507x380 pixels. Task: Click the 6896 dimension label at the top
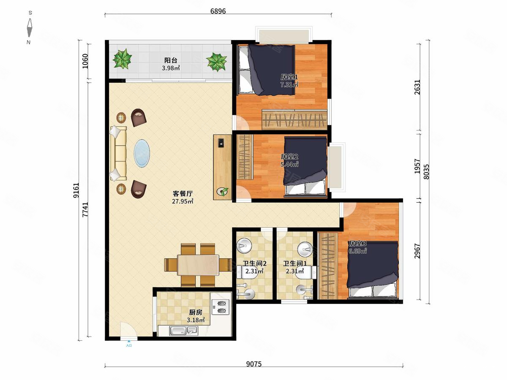coord(218,11)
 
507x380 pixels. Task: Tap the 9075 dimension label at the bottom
coord(253,364)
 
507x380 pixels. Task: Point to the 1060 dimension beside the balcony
coord(85,61)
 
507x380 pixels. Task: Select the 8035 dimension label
coord(426,172)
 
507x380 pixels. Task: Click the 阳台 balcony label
coord(171,60)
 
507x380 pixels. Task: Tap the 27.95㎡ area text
coord(183,201)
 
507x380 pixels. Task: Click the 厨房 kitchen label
coord(196,312)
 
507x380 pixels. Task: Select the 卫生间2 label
coord(254,263)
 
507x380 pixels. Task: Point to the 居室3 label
coord(357,244)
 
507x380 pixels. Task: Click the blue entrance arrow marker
coord(129,341)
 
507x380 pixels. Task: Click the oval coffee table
coord(142,153)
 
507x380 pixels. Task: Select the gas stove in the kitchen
coord(221,307)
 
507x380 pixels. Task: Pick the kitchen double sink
coord(184,331)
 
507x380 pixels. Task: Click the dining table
coord(198,265)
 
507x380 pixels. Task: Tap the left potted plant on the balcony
coord(122,59)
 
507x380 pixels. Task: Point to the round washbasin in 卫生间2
coord(244,246)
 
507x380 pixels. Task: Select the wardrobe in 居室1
coord(294,119)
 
